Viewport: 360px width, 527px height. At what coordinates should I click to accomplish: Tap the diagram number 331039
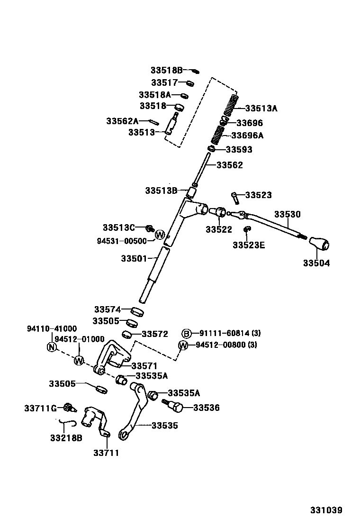pos(326,510)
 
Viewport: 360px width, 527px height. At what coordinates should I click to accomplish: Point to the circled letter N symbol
pos(52,347)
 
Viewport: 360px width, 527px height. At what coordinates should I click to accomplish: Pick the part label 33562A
pos(122,121)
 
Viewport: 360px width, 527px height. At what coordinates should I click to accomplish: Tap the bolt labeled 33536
pos(175,406)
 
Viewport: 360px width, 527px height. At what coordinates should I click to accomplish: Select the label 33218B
pos(66,438)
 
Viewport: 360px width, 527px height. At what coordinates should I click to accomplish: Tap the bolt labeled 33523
pos(235,196)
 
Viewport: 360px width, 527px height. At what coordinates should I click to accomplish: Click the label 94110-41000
pos(52,328)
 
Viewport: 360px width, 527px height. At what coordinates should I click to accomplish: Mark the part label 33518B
pos(166,70)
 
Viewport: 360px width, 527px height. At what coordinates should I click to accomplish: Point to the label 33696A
pos(247,136)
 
